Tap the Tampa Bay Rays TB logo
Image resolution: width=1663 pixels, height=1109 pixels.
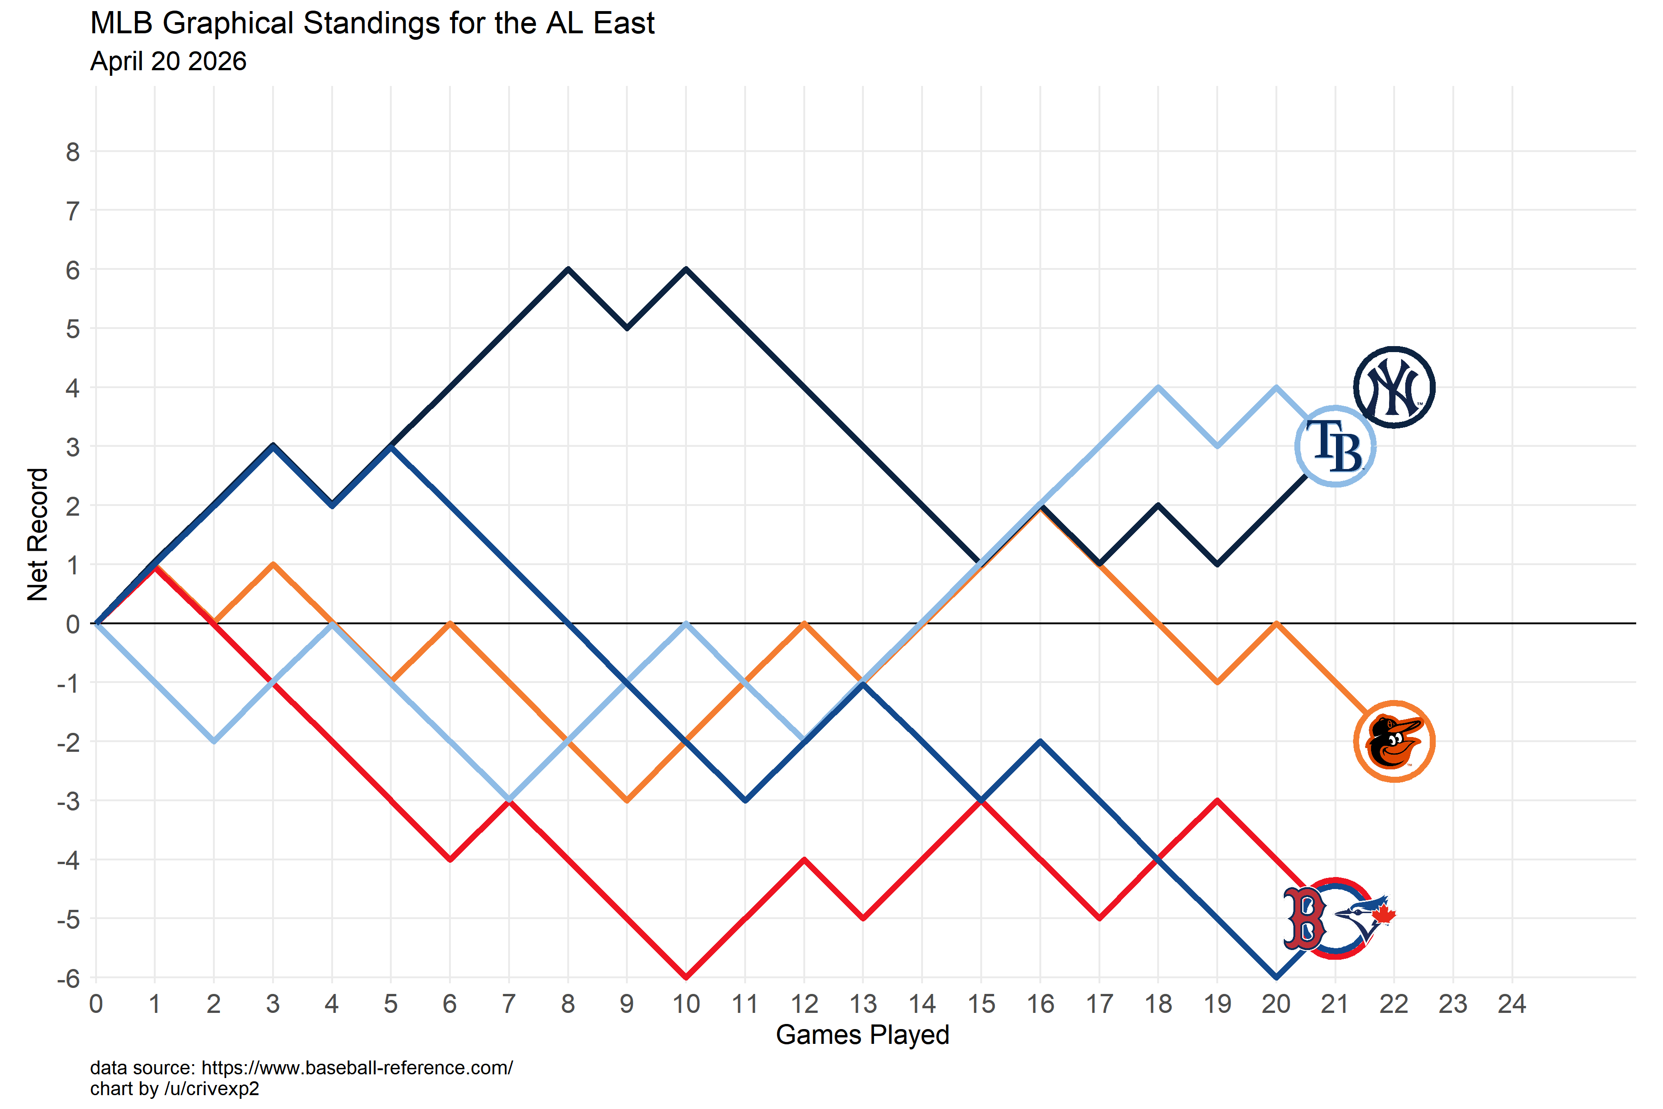pyautogui.click(x=1335, y=446)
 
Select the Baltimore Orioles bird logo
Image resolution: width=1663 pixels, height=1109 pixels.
pyautogui.click(x=1394, y=741)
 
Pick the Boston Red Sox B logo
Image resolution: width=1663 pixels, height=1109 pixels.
pyautogui.click(x=1305, y=918)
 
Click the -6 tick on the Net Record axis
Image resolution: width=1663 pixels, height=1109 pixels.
pyautogui.click(x=68, y=979)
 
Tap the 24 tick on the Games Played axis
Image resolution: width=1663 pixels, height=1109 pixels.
pyautogui.click(x=1511, y=1004)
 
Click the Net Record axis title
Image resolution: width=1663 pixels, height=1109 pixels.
pyautogui.click(x=37, y=534)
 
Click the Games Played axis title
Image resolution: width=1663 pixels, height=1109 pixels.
pyautogui.click(x=862, y=1035)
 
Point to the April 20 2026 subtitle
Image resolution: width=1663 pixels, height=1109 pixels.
pyautogui.click(x=168, y=61)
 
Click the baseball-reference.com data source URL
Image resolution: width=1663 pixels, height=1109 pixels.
pyautogui.click(x=357, y=1068)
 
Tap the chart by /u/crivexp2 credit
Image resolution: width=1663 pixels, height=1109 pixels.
pyautogui.click(x=175, y=1089)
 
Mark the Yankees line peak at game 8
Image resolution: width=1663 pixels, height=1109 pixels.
pyautogui.click(x=568, y=269)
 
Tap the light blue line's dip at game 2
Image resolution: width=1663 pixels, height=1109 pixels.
pyautogui.click(x=213, y=741)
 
